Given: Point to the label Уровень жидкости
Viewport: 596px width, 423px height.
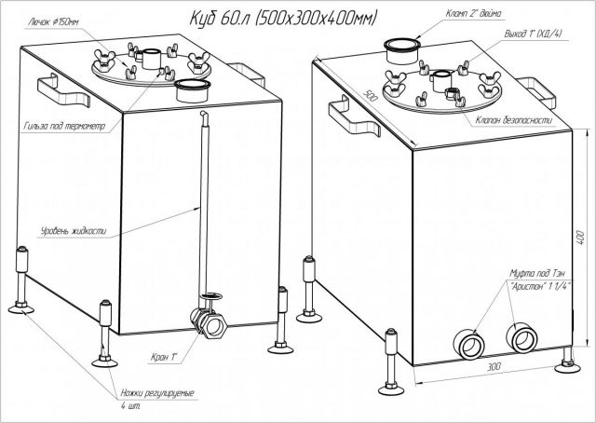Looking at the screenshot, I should coord(67,229).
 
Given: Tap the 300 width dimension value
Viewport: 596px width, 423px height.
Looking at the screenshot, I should coord(492,371).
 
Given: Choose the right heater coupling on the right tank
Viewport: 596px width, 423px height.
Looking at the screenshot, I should coord(517,335).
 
